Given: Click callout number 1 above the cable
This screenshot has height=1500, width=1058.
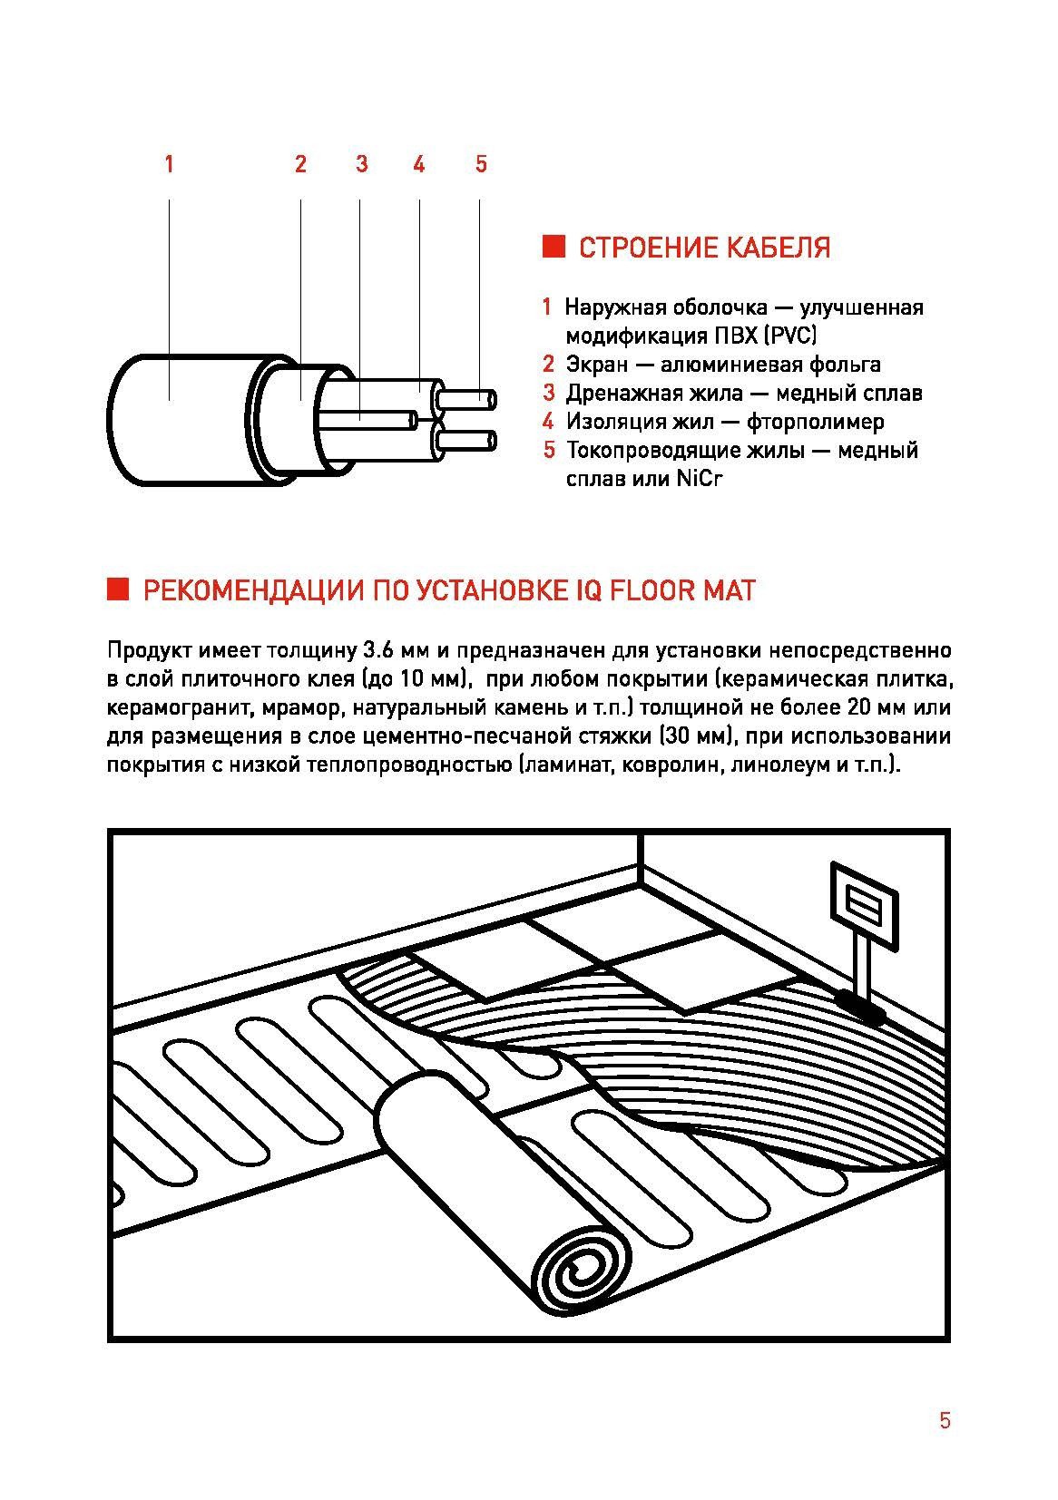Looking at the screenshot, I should pyautogui.click(x=169, y=164).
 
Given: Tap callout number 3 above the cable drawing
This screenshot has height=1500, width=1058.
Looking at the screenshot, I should pyautogui.click(x=361, y=164).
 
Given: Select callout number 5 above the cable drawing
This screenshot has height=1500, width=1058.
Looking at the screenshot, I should pyautogui.click(x=481, y=164).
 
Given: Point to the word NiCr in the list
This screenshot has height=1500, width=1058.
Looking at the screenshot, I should pyautogui.click(x=699, y=479).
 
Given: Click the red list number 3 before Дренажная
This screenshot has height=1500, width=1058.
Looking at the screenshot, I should pyautogui.click(x=548, y=393).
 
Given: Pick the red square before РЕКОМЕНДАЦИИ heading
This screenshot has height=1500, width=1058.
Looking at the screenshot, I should pyautogui.click(x=119, y=589).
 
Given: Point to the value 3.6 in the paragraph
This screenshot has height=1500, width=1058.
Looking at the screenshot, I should pyautogui.click(x=376, y=650).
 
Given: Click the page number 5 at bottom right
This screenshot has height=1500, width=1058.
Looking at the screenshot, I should pyautogui.click(x=945, y=1420).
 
